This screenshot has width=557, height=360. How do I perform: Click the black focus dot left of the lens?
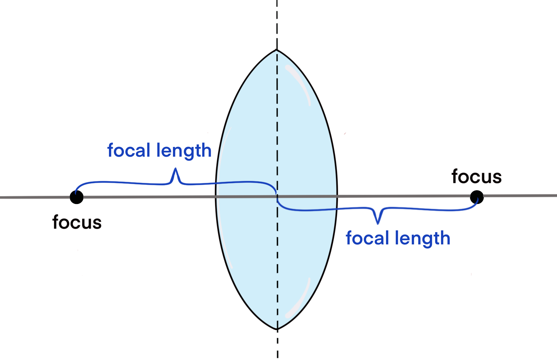77,197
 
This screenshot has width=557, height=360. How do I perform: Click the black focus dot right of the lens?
477,197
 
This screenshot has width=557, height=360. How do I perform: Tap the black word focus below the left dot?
77,222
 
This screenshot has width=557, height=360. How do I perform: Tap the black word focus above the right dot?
477,177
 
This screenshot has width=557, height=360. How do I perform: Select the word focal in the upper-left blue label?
129,150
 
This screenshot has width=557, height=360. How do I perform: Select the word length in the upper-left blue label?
184,151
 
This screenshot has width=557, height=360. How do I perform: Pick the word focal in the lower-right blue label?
367,238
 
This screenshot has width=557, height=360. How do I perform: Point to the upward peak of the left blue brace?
176,170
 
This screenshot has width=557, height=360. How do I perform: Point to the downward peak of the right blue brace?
378,222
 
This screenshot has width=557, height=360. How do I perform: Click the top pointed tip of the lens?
277,50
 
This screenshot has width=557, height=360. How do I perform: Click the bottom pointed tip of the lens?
277,329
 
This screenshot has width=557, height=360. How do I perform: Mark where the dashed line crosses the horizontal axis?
277,197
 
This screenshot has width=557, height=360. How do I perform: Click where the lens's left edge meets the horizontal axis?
216,197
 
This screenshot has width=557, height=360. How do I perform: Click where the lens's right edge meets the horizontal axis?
337,197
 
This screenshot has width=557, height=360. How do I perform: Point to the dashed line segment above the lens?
277,24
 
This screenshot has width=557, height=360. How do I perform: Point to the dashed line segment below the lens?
277,345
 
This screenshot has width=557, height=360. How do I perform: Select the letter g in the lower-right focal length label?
424,240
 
